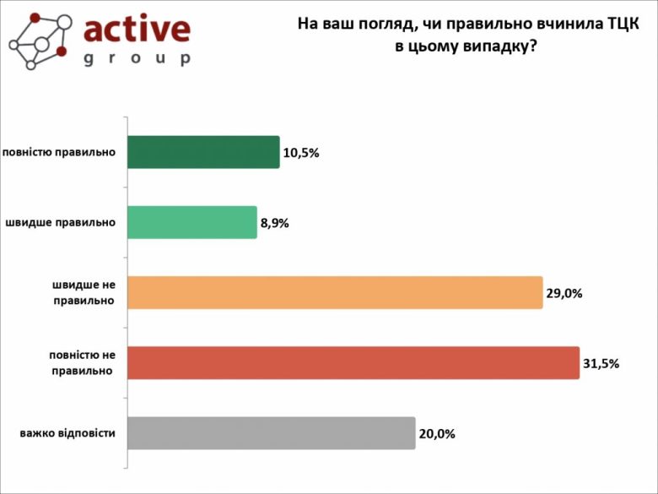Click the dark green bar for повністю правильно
[203, 152]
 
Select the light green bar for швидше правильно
[192, 222]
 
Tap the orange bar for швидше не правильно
[335, 293]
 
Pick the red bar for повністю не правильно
[353, 363]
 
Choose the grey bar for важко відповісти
[272, 433]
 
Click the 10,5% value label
[301, 154]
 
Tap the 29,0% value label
[564, 294]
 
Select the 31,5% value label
[601, 364]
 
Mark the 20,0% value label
[437, 434]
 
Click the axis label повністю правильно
[59, 152]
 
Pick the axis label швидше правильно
[60, 223]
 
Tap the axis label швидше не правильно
[82, 293]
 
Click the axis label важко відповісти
[67, 434]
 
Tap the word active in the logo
[137, 29]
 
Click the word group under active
[137, 58]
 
